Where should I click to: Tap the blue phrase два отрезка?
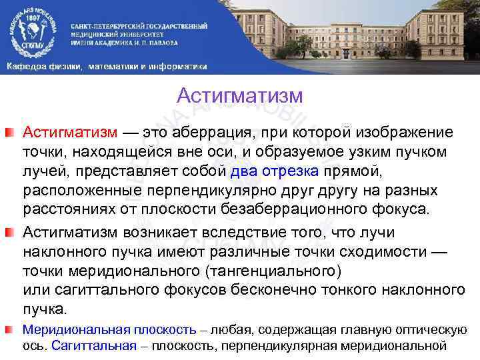pyautogui.click(x=275, y=171)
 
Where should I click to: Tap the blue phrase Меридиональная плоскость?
pyautogui.click(x=109, y=329)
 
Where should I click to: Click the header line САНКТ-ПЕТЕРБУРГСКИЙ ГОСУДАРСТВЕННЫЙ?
pyautogui.click(x=139, y=25)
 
